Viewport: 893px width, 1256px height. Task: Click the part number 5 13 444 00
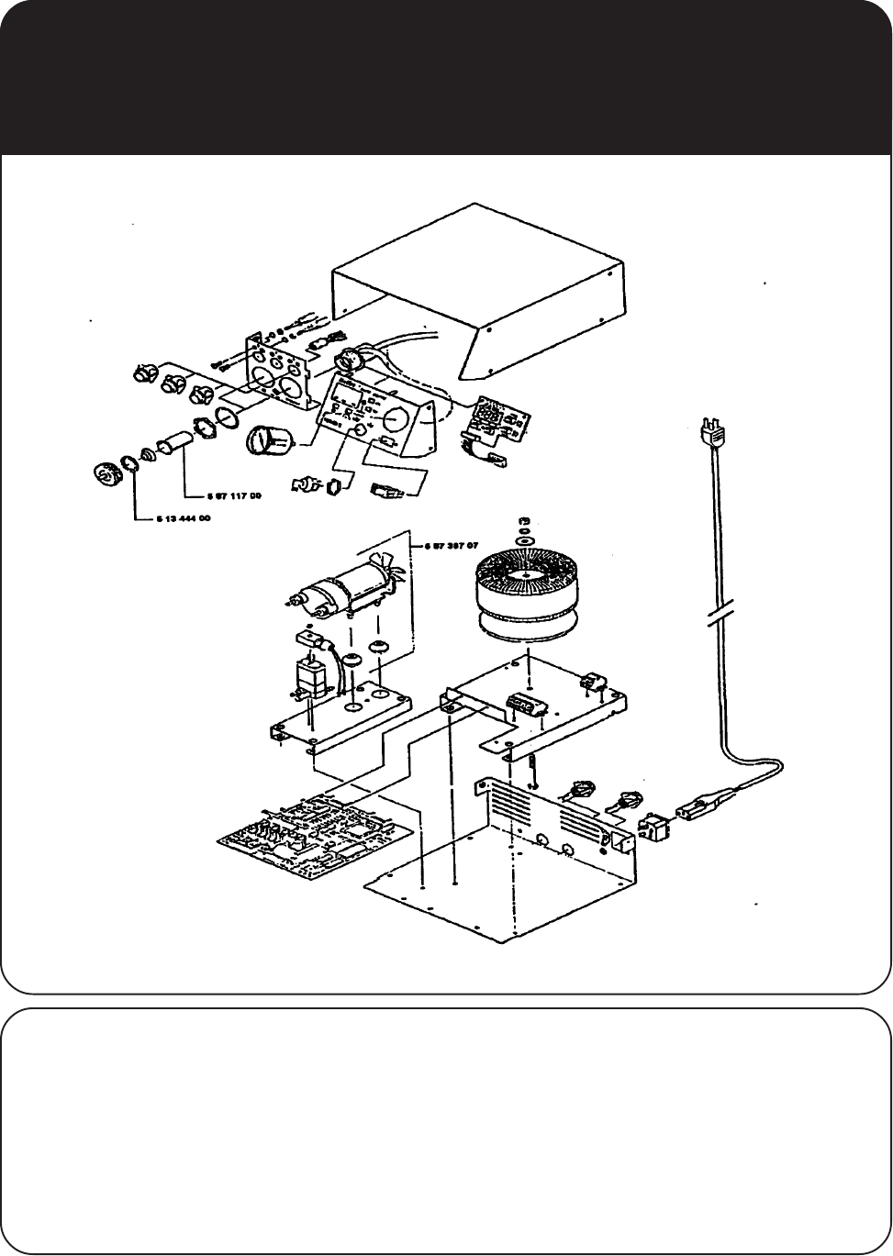[x=179, y=518]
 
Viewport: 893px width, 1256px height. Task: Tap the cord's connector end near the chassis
[x=702, y=808]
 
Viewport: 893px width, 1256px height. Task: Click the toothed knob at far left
[x=109, y=475]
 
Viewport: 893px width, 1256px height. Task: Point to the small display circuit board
[x=496, y=420]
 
